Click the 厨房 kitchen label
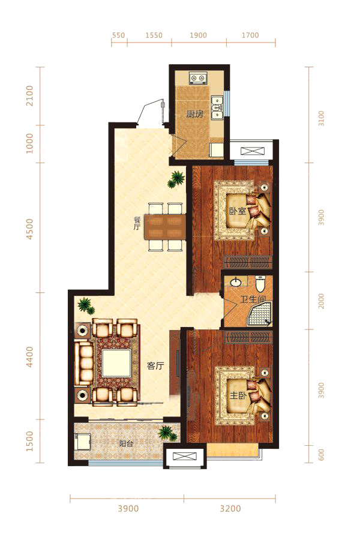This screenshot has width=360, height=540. [194, 114]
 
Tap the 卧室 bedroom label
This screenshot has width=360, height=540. [238, 211]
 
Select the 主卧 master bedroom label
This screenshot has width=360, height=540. [238, 396]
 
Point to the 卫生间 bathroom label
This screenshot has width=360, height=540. [253, 299]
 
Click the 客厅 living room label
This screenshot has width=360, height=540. [155, 366]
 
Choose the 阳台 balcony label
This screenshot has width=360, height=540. [126, 443]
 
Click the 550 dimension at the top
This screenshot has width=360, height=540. [119, 35]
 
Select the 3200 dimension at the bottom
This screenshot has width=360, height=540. [230, 508]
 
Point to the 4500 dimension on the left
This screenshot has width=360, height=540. [30, 229]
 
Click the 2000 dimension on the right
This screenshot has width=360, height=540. [322, 301]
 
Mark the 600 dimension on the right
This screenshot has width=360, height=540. [322, 455]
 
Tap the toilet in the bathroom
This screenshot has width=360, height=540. [260, 283]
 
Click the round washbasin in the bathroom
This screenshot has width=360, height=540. [236, 283]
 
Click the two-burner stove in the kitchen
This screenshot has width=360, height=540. [198, 79]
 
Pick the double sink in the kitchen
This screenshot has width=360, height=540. [217, 107]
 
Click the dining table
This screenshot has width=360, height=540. [164, 227]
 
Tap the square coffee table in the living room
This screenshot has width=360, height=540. [116, 363]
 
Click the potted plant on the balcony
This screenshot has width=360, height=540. [169, 433]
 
